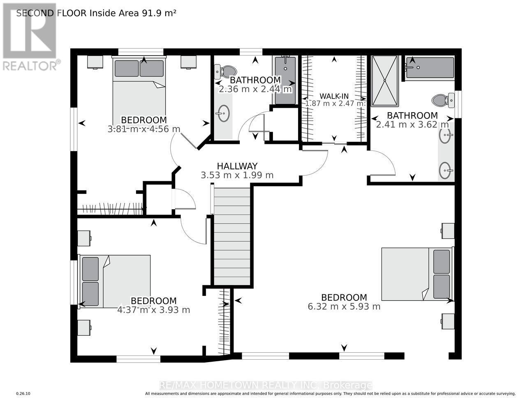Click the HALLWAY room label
pos(237,166)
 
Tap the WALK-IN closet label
pos(334,96)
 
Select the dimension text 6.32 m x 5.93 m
pos(344,307)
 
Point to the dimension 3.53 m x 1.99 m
pos(237,175)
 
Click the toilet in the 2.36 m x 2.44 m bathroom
pos(225,72)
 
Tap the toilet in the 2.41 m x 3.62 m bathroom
pos(443,100)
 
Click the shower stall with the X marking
pos(385,81)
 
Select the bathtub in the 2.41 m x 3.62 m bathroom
pos(430,68)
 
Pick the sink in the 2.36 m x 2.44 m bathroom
pos(223,113)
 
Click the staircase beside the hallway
pos(232,236)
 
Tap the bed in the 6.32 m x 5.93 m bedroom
pos(418,274)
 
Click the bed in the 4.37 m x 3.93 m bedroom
pos(114,282)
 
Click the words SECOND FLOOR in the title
pos(51,13)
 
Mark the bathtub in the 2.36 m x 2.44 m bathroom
pos(285,81)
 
